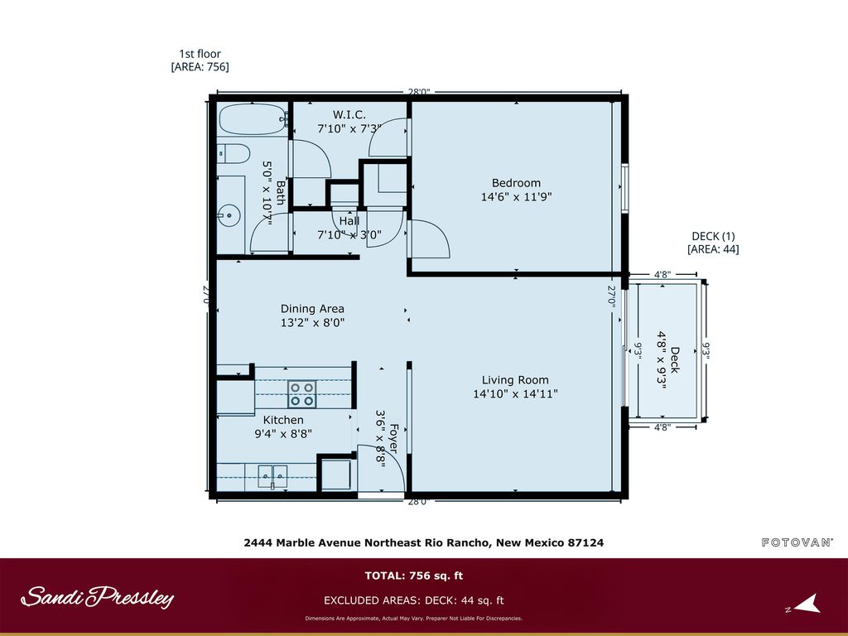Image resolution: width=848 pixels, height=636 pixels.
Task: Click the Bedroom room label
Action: (x=516, y=183)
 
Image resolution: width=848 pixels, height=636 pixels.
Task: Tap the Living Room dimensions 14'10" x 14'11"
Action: (x=516, y=394)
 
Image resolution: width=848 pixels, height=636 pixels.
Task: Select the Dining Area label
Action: (x=312, y=309)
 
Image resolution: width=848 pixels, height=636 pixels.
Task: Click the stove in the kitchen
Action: (x=301, y=393)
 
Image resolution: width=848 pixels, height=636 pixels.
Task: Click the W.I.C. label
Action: (x=349, y=114)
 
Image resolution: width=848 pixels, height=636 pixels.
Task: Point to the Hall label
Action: (x=349, y=221)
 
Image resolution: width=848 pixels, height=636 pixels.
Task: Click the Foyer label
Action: (x=394, y=439)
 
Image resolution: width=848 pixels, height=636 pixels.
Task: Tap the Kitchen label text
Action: (x=283, y=420)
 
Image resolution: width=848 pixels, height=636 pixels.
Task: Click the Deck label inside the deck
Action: (x=674, y=359)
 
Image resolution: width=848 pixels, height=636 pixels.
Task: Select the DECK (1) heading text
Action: (x=712, y=235)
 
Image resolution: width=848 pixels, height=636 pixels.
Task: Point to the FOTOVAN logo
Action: (x=797, y=542)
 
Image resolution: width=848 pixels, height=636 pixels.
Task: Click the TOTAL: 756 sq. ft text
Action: (x=413, y=576)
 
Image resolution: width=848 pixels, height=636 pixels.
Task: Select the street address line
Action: (x=423, y=543)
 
